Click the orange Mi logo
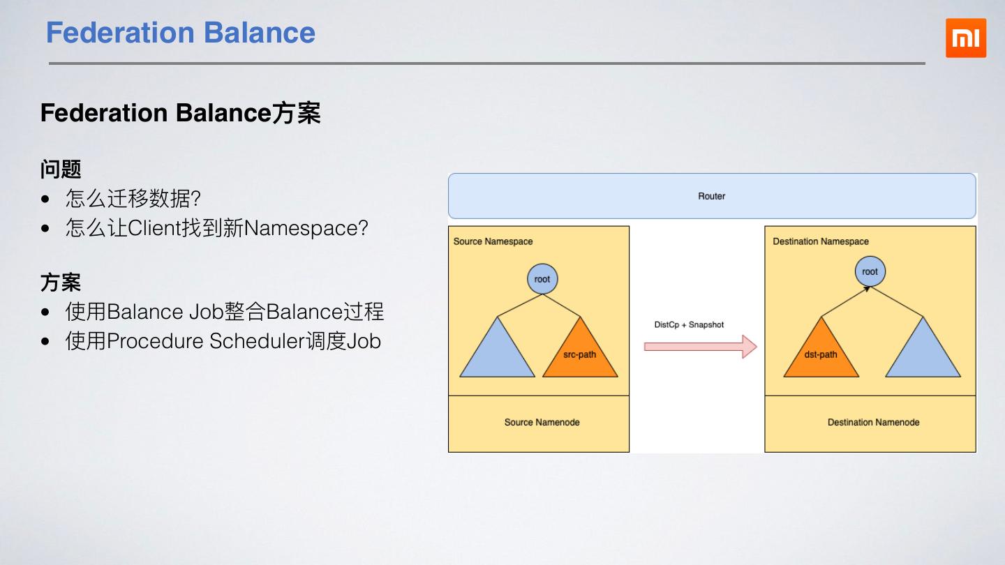pyautogui.click(x=966, y=38)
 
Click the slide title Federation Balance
pyautogui.click(x=181, y=33)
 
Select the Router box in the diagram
pyautogui.click(x=711, y=196)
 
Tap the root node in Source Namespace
pyautogui.click(x=542, y=279)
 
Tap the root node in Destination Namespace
pyautogui.click(x=870, y=271)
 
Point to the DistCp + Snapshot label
pyautogui.click(x=689, y=324)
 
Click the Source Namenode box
pyautogui.click(x=542, y=423)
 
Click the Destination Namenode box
pyautogui.click(x=873, y=423)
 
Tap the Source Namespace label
pyautogui.click(x=493, y=241)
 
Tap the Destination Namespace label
pyautogui.click(x=821, y=241)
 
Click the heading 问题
pyautogui.click(x=61, y=169)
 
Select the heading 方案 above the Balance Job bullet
pyautogui.click(x=61, y=282)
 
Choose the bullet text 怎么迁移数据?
pyautogui.click(x=133, y=199)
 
